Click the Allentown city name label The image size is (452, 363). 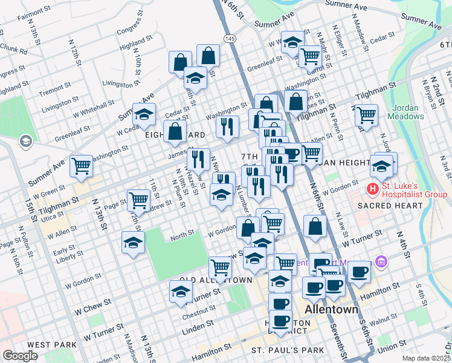[331, 309]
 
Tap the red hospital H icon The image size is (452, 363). [373, 190]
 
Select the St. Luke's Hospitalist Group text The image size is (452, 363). [412, 189]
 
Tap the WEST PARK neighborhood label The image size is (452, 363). [47, 345]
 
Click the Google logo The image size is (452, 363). [20, 355]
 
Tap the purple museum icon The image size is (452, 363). [381, 262]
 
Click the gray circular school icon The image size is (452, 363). [25, 142]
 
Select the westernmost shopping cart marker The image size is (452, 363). [82, 165]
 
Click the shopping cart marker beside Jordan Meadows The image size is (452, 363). [367, 115]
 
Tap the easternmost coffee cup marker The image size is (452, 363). [360, 272]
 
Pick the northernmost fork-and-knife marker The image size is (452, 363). [226, 125]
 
